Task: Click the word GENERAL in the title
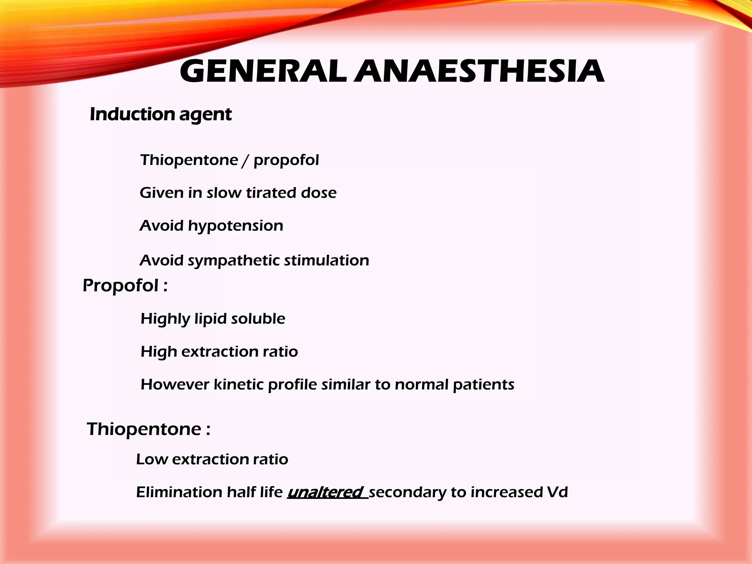click(x=263, y=71)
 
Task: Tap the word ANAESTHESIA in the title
click(x=479, y=71)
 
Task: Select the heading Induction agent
click(x=160, y=114)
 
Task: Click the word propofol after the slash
click(x=286, y=160)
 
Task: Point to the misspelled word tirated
click(x=271, y=193)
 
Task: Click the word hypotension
click(x=235, y=226)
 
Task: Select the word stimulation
click(x=326, y=260)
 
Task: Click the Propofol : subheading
click(x=125, y=285)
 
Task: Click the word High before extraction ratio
click(x=159, y=352)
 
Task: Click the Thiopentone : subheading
click(x=148, y=429)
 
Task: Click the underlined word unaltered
click(x=326, y=492)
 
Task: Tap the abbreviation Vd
click(x=557, y=492)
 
